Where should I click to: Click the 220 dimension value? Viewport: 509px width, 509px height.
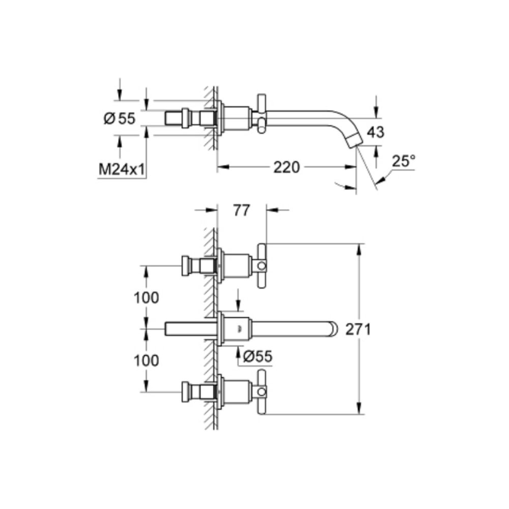287,167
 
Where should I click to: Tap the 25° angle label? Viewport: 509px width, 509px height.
404,161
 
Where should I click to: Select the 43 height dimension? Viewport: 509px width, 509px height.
376,132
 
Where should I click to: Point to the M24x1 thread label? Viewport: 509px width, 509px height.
121,170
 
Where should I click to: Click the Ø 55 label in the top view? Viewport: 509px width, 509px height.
119,119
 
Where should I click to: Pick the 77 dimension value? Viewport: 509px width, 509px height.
242,210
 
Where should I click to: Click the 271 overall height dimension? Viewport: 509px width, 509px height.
358,329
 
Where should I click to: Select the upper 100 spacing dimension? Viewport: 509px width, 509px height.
147,298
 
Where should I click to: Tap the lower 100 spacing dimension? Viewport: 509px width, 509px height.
147,360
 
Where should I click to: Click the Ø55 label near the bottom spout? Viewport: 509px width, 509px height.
258,357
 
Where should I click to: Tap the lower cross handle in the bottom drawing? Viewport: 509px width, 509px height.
261,392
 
